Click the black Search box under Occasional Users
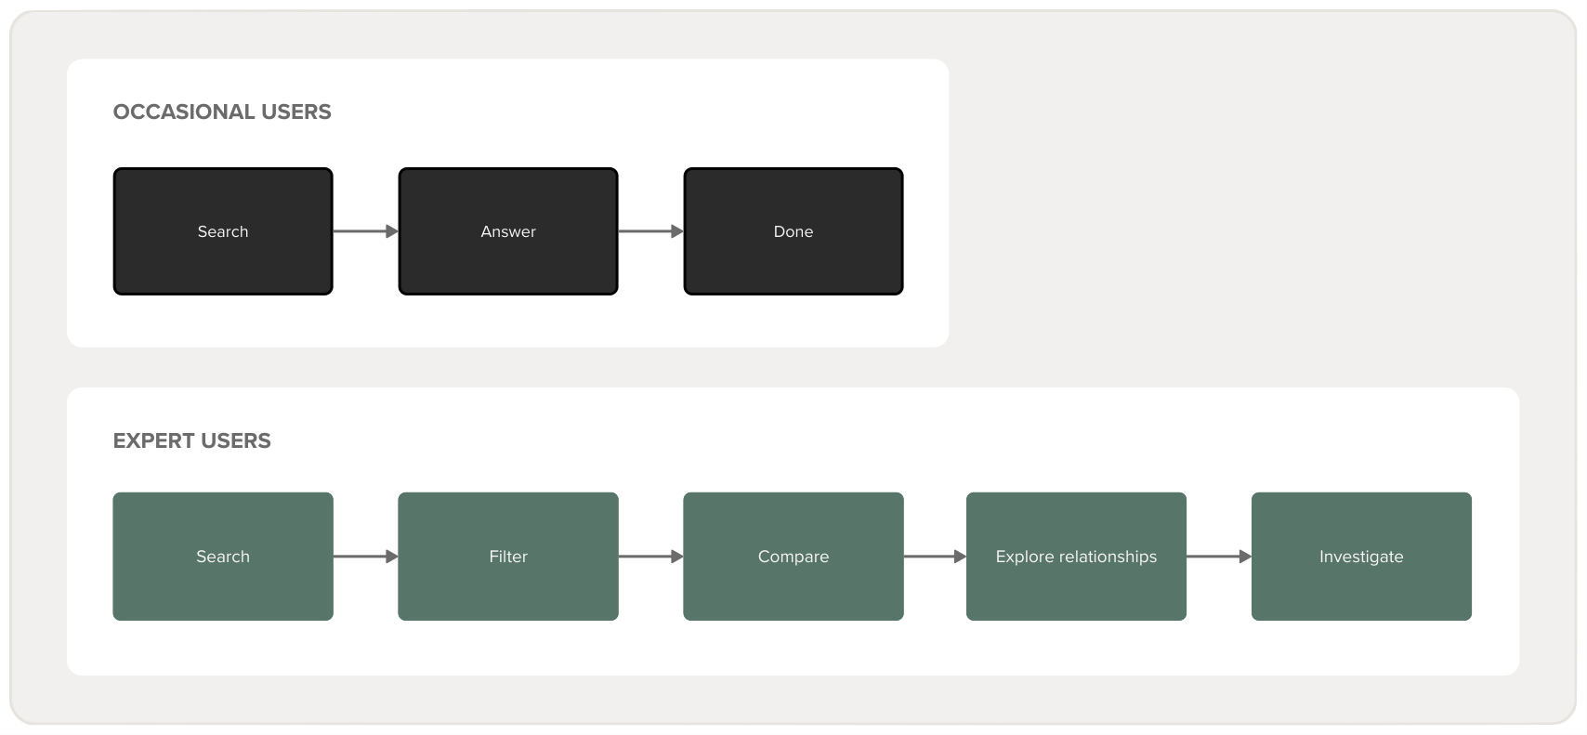click(x=223, y=231)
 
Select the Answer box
click(x=508, y=231)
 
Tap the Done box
click(x=793, y=231)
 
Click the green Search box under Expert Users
click(x=223, y=557)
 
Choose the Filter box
click(x=508, y=557)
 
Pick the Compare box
click(x=793, y=557)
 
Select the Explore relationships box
click(x=1076, y=557)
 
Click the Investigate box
click(x=1361, y=557)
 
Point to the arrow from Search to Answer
click(x=365, y=231)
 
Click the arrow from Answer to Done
click(x=650, y=231)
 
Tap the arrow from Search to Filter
click(x=365, y=557)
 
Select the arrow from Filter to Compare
click(x=650, y=557)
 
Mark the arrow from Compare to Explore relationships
click(x=935, y=557)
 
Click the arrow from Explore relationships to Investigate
click(x=1219, y=557)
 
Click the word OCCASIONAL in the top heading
click(x=184, y=112)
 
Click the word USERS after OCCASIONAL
click(x=296, y=112)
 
